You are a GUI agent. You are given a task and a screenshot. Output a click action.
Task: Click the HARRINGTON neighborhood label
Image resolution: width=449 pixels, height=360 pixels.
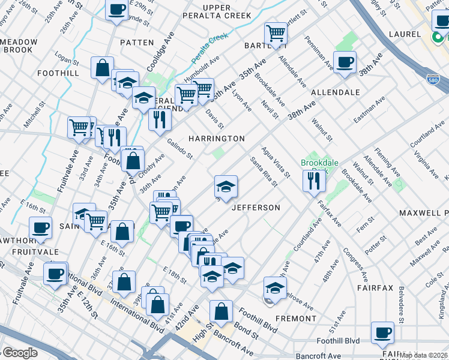216,139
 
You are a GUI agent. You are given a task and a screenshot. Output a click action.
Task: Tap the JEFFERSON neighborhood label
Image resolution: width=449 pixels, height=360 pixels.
256,208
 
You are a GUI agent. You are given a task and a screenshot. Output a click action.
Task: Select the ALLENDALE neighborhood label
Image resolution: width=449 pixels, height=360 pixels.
336,92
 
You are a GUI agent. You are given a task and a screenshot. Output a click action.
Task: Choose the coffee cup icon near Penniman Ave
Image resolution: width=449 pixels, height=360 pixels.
345,62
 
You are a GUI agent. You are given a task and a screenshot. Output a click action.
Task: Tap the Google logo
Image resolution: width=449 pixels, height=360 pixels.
19,353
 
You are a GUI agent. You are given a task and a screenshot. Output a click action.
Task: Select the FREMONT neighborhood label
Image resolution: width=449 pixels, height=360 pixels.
295,318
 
